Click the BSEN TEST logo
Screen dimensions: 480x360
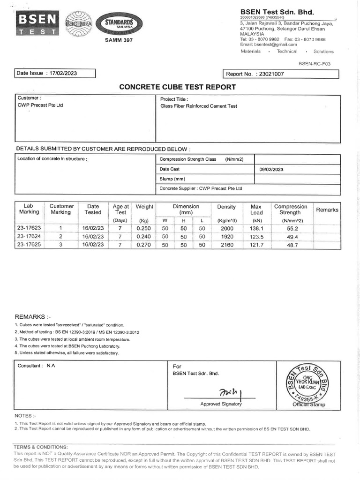[37, 23]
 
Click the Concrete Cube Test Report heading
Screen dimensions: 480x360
[178, 87]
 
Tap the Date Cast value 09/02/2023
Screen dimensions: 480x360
[271, 169]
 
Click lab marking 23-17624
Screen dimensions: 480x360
[29, 236]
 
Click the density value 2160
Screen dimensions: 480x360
[226, 245]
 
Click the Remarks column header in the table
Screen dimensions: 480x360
[327, 210]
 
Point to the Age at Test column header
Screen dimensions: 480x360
[121, 210]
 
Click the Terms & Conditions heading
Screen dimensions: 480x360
[41, 447]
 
